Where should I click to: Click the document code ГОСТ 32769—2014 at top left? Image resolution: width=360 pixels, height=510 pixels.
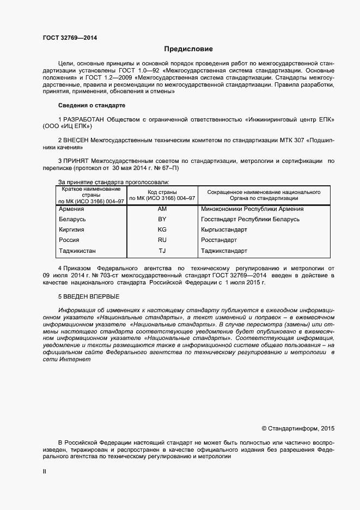70,38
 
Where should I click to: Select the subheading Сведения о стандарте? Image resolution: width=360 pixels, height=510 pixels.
91,105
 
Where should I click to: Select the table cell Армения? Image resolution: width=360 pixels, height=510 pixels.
71,209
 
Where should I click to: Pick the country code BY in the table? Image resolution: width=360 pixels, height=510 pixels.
162,219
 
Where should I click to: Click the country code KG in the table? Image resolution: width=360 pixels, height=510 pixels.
162,229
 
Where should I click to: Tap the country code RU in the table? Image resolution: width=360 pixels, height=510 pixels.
162,240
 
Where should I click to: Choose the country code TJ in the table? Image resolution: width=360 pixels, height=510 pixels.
162,251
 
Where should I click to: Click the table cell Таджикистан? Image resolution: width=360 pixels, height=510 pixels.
77,251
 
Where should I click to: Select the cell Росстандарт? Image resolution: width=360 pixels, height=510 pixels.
219,240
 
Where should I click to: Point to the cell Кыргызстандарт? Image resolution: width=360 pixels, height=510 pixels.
224,229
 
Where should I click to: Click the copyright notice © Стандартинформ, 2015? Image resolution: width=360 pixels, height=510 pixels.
298,429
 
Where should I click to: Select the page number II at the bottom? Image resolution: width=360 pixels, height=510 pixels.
44,472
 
